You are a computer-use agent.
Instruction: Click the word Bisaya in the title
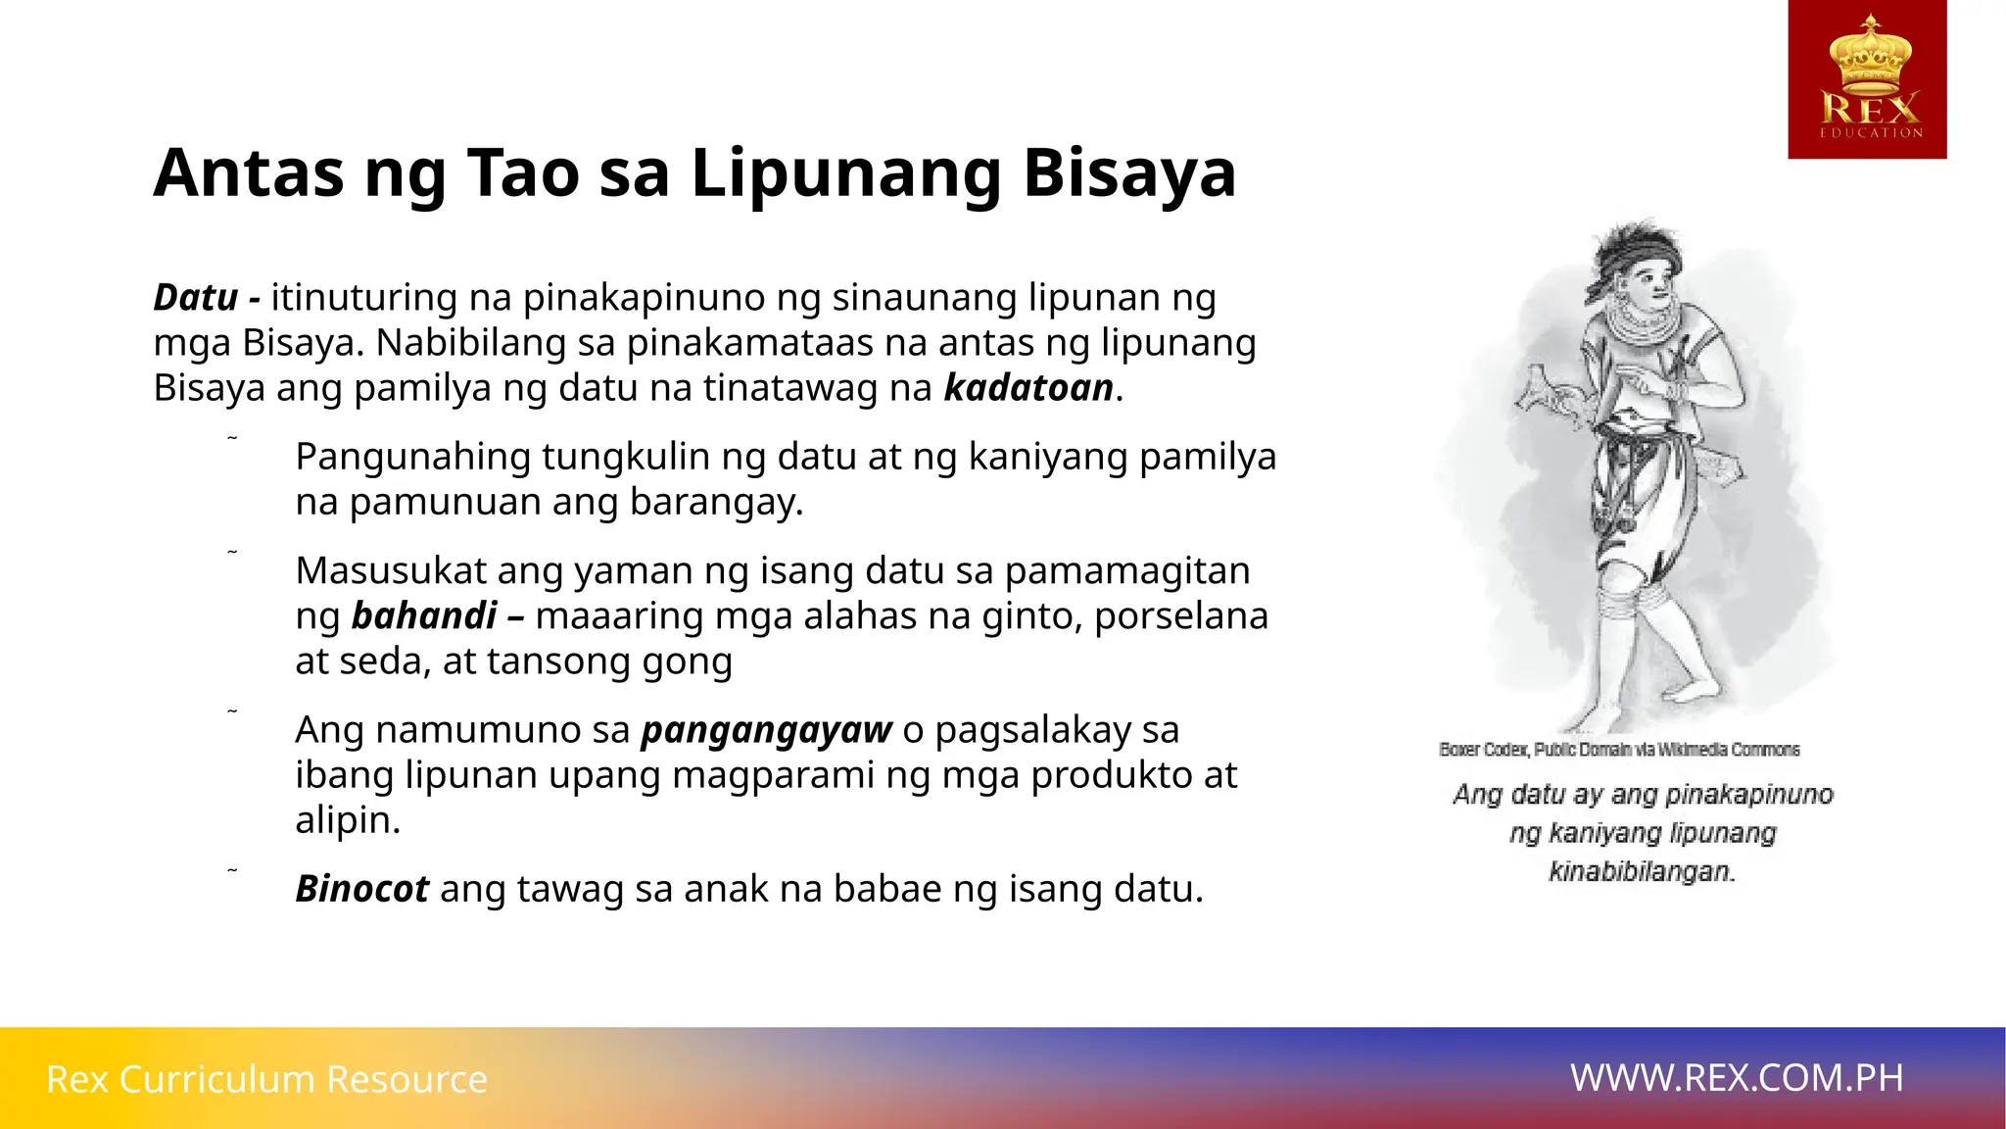point(1129,173)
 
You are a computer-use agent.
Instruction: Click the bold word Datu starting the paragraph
point(196,297)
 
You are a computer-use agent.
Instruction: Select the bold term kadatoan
point(1028,388)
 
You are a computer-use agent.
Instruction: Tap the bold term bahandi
point(424,615)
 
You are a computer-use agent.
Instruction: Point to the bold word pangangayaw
point(766,730)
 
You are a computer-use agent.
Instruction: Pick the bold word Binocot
point(361,889)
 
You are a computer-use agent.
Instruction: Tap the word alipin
point(347,820)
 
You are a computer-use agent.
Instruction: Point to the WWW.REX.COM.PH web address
point(1737,1078)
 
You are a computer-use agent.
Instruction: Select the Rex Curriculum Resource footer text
point(266,1079)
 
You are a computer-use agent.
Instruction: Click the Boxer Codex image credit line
point(1619,750)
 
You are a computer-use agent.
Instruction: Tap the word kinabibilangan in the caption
point(1642,871)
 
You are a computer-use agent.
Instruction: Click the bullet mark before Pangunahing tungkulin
point(232,438)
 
